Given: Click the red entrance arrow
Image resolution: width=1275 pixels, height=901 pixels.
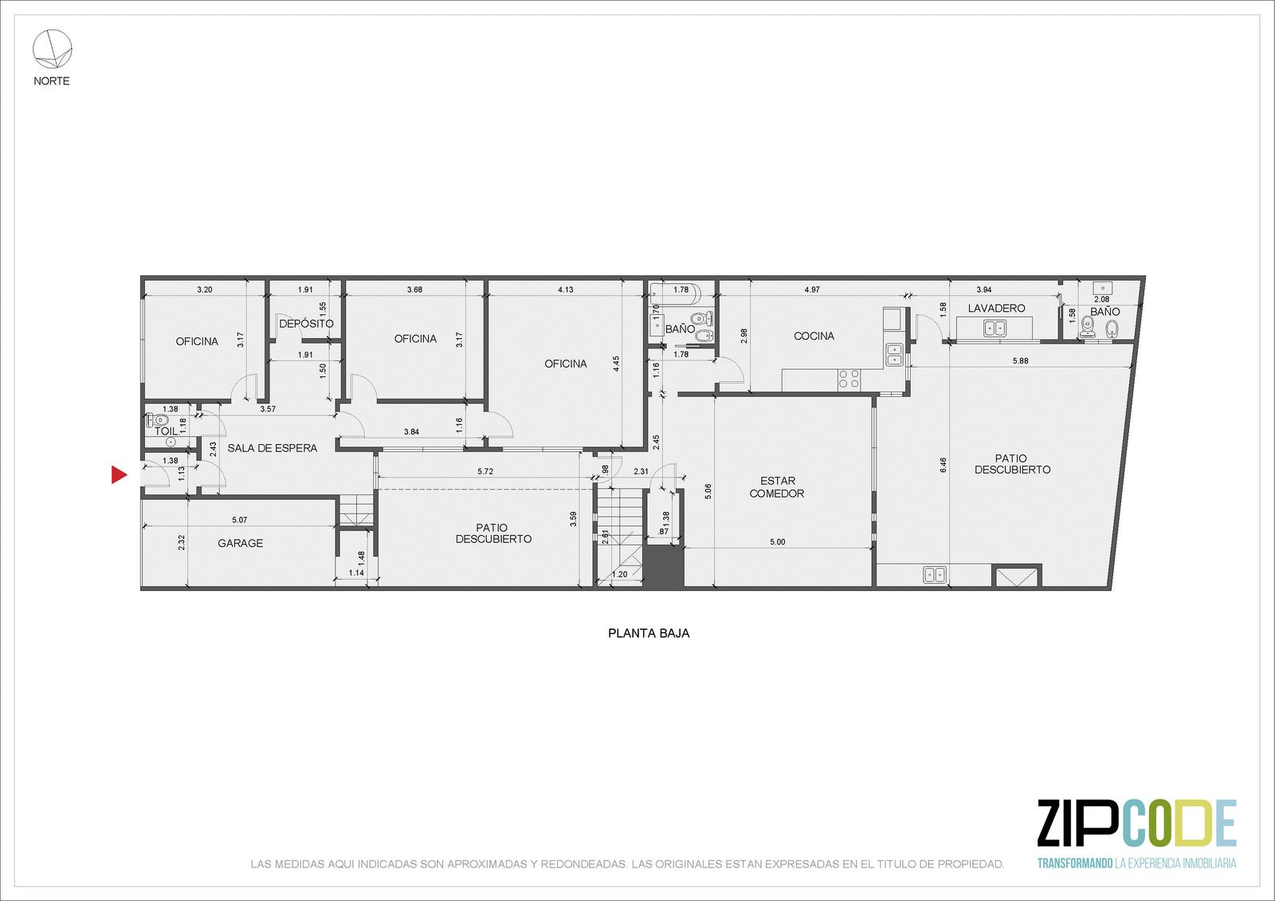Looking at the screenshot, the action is pos(119,474).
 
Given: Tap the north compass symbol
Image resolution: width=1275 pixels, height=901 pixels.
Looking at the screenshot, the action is pos(53,49).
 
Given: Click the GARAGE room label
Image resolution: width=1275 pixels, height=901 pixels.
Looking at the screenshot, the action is pos(240,543).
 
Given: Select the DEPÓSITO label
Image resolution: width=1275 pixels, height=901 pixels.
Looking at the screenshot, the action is pos(306,324).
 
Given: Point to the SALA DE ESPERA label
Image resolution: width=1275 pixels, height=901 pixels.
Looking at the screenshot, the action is pos(272,448).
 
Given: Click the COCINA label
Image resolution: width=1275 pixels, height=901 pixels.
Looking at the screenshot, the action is pos(814,336).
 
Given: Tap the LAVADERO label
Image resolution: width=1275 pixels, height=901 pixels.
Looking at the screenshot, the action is pos(996,308).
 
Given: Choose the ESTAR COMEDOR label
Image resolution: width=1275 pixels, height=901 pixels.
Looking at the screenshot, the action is pos(777,487).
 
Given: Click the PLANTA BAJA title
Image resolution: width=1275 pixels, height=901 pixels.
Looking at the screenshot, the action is pos(649,633).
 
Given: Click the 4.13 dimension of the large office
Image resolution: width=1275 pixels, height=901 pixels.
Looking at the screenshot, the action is pos(565,289).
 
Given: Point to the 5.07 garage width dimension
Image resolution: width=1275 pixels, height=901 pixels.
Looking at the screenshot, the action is pos(240,519).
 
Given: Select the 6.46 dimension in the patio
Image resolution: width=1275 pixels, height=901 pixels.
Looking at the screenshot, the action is pos(943,466).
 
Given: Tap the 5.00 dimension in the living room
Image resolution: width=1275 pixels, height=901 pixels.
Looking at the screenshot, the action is pos(778,541).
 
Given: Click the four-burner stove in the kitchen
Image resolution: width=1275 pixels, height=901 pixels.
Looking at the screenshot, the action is pos(849,380).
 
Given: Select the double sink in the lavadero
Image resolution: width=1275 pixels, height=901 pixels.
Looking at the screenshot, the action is pos(994,329).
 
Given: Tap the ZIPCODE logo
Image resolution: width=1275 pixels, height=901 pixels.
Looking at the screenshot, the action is pos(1136,823).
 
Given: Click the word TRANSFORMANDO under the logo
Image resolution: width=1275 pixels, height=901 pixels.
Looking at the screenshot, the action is pos(1075,864).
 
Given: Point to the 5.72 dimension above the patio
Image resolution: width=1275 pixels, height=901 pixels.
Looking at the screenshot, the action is pos(485,471).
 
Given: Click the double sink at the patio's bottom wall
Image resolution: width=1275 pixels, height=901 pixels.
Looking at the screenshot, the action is pos(935,575).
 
